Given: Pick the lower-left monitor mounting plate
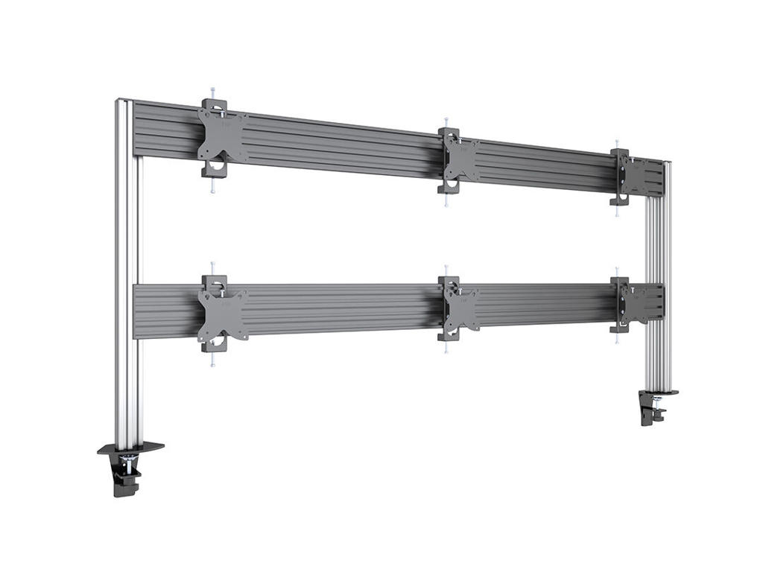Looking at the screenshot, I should [222, 314].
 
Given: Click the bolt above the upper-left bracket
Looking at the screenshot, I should [212, 92].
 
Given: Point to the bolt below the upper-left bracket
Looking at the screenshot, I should [212, 187].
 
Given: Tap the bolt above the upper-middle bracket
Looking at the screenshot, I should [446, 121].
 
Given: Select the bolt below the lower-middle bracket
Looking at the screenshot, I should [446, 347].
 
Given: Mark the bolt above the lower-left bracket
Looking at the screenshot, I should [212, 267].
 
